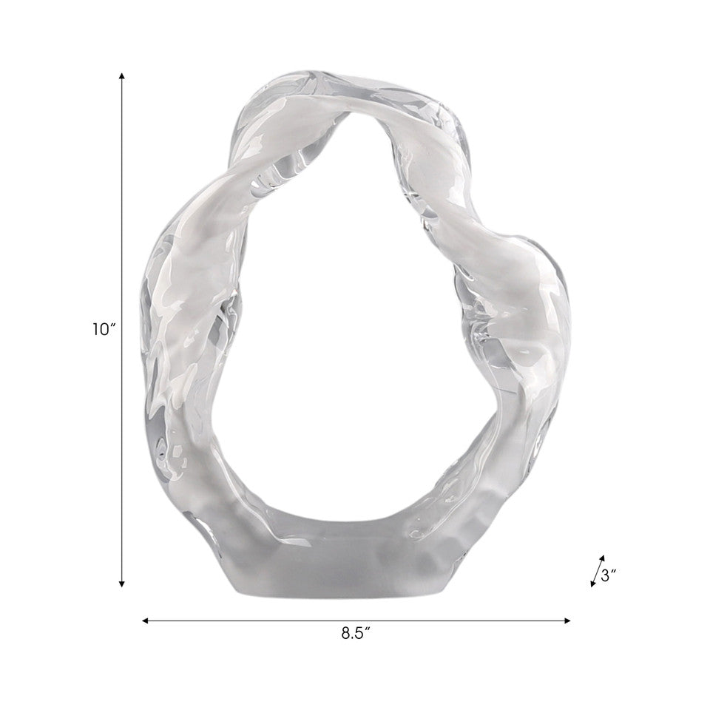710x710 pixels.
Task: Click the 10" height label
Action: point(105,329)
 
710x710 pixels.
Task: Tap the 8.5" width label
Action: point(356,634)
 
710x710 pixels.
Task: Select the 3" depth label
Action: point(609,576)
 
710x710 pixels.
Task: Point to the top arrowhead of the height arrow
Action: point(121,75)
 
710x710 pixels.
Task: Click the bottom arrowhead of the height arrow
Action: point(121,584)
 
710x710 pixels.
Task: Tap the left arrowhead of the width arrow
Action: point(146,621)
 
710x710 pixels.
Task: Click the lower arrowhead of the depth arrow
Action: point(592,584)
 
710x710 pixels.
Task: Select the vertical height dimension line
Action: point(121,330)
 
